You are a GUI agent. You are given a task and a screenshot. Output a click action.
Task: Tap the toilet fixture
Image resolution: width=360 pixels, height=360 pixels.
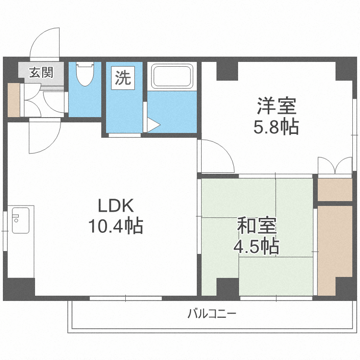click(x=85, y=74)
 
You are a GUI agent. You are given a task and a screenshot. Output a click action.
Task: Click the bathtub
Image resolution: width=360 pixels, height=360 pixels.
click(x=172, y=76)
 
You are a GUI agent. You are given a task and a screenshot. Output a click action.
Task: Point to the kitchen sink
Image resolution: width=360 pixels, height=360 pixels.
click(x=20, y=220)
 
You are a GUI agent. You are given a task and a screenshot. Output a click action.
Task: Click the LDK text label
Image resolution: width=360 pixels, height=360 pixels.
click(x=115, y=206)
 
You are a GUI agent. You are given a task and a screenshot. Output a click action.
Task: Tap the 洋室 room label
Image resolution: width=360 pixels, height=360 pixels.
click(x=276, y=105)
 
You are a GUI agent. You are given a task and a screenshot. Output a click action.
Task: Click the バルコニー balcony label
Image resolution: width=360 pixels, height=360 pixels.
click(x=211, y=315)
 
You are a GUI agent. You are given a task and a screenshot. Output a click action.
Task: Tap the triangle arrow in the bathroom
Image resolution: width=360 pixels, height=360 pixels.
click(x=153, y=125)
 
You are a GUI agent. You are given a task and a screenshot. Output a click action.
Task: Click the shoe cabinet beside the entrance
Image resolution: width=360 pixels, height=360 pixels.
click(x=13, y=100)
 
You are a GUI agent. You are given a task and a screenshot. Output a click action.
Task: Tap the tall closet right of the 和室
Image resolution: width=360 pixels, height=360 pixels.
click(x=335, y=250)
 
